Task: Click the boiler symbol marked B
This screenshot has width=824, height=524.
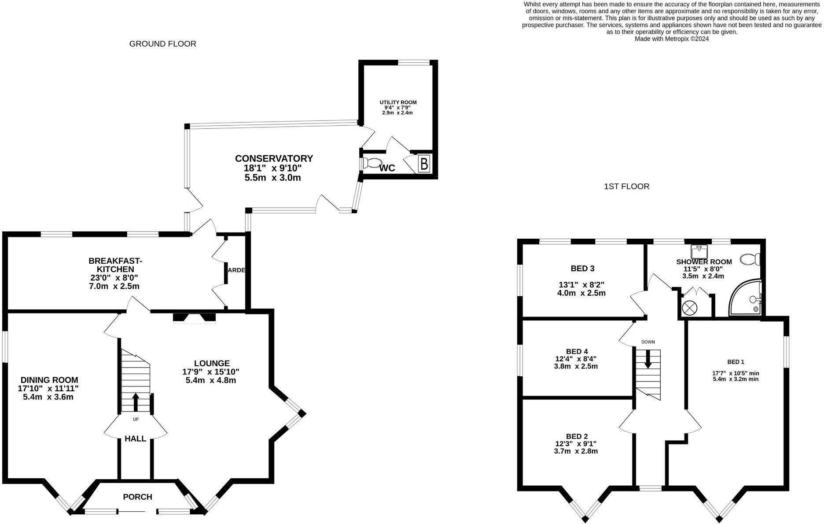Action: click(x=424, y=164)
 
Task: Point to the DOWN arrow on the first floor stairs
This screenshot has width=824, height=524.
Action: click(x=648, y=359)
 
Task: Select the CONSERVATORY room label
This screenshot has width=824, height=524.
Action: click(x=274, y=158)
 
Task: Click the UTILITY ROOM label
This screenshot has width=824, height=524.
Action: click(x=398, y=102)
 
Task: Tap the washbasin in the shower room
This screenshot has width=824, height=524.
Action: click(x=699, y=252)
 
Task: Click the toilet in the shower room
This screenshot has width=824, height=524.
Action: click(x=750, y=259)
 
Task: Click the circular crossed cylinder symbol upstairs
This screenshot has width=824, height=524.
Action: click(x=689, y=307)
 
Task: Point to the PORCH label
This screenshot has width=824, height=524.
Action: click(x=137, y=497)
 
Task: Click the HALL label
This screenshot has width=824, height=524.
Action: click(x=135, y=439)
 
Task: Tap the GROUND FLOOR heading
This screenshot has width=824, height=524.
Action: click(x=163, y=44)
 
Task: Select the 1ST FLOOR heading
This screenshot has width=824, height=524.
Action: click(x=627, y=186)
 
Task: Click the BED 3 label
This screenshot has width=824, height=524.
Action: click(x=582, y=269)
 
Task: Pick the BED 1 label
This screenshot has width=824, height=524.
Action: click(x=736, y=362)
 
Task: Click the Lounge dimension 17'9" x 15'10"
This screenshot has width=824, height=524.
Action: click(x=211, y=372)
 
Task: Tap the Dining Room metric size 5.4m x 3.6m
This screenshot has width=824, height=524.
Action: click(x=48, y=397)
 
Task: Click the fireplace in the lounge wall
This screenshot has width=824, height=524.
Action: click(x=194, y=318)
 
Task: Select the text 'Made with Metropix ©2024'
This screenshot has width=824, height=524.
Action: click(x=672, y=39)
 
